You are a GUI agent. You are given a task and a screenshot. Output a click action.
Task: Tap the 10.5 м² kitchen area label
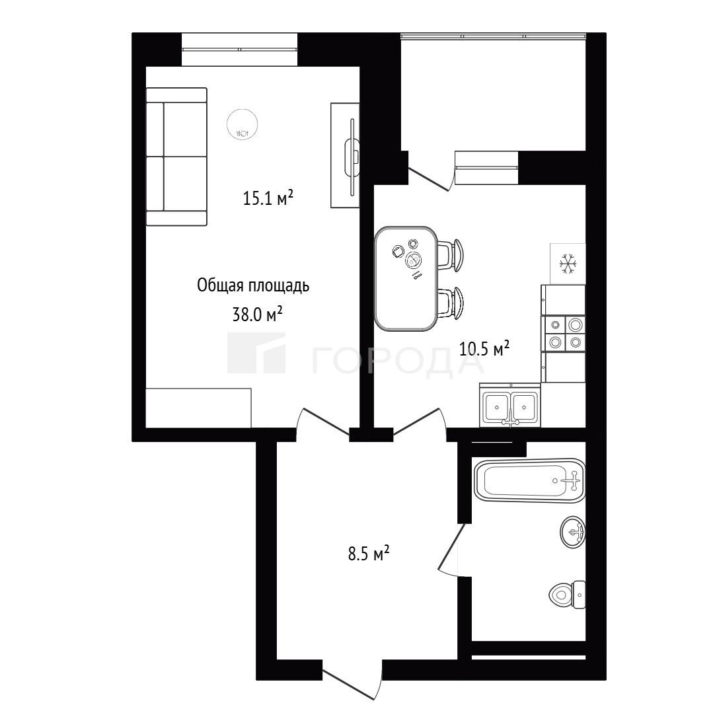click(x=484, y=349)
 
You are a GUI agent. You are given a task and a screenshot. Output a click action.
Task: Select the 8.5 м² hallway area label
click(x=369, y=554)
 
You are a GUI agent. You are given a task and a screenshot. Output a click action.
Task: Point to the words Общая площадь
click(x=253, y=286)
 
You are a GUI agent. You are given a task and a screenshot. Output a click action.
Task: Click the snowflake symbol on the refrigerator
click(x=568, y=264)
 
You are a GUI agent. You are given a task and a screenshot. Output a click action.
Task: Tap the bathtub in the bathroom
click(x=529, y=480)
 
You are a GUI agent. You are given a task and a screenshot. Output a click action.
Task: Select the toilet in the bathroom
click(x=567, y=594)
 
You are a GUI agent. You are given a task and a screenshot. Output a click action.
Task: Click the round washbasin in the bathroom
click(x=574, y=533)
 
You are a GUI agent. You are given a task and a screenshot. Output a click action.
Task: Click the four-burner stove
click(x=564, y=334)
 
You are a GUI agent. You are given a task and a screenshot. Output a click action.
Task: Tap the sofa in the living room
click(x=176, y=157)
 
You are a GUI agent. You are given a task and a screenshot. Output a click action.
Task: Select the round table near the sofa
click(x=243, y=124)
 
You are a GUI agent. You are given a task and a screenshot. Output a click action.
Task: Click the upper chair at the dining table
click(x=451, y=256)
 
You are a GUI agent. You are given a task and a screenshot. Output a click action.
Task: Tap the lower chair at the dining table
click(x=451, y=303)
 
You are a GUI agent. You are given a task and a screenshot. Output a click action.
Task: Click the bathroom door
click(x=451, y=550)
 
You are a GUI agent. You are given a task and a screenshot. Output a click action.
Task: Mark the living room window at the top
click(x=240, y=49)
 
